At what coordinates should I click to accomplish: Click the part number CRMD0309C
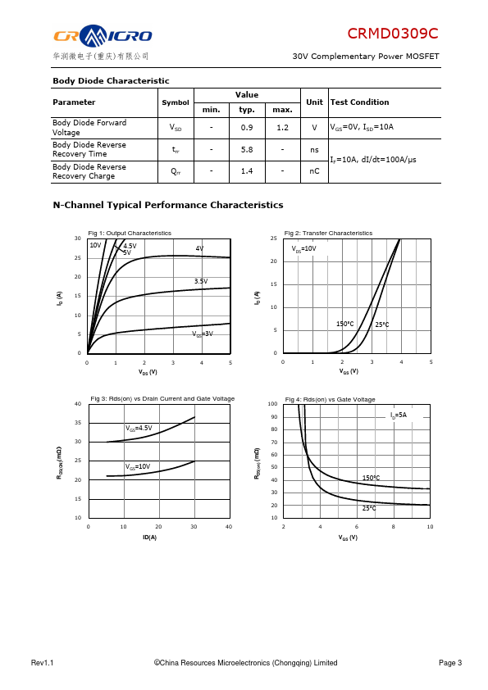point(392,34)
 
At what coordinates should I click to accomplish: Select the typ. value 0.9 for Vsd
point(247,128)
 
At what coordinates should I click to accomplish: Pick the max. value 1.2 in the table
point(282,128)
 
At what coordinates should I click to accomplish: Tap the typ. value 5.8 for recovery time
point(247,150)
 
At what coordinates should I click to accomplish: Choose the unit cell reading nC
point(314,171)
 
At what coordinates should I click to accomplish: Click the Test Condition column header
point(360,102)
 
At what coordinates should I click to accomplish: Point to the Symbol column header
point(176,102)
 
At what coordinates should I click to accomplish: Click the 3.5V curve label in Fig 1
point(201,281)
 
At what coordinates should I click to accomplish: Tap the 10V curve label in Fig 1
point(96,245)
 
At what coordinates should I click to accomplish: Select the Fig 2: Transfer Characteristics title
point(328,234)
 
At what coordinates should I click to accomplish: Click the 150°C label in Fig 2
point(344,324)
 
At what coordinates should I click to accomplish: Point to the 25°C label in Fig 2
point(382,325)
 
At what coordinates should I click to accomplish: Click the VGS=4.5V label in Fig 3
point(139,428)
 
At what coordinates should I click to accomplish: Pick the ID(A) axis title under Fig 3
point(150,538)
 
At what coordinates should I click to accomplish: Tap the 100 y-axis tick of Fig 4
point(272,404)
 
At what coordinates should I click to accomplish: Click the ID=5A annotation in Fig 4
point(399,415)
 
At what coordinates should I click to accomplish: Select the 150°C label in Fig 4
point(371,478)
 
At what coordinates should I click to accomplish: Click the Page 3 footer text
point(450,663)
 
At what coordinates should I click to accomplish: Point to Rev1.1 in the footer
point(43,663)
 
